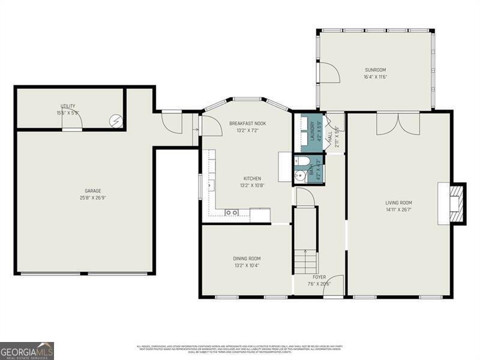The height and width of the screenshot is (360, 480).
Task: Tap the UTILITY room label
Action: [x=67, y=106]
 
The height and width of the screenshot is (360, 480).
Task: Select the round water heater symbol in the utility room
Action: [x=115, y=121]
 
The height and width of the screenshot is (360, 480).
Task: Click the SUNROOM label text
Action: [x=375, y=70]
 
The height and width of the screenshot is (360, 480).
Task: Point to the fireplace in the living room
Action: [x=454, y=203]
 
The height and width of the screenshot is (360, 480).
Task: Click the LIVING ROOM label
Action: [x=398, y=203]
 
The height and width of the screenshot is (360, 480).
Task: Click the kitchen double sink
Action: [x=232, y=212]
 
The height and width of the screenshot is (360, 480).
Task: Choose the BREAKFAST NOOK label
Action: [x=247, y=124]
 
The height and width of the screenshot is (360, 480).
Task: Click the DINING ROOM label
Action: [x=246, y=259]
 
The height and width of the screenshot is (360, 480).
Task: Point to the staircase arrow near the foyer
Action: [x=304, y=252]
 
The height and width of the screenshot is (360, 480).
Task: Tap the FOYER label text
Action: [x=319, y=277]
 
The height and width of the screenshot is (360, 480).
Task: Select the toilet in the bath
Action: [x=301, y=161]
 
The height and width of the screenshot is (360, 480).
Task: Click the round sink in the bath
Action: [x=300, y=176]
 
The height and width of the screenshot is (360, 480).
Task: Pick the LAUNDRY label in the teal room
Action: [x=311, y=132]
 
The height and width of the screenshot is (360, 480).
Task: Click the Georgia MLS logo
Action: [x=27, y=350]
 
